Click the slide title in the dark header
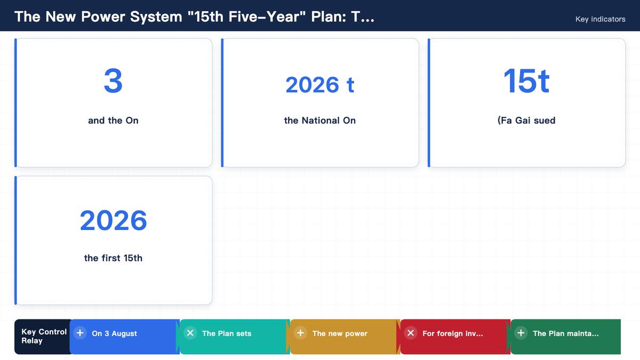(194, 17)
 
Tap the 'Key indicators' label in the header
(601, 19)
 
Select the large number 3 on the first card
(113, 81)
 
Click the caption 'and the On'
(113, 121)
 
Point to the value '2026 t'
(320, 85)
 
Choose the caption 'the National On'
(320, 121)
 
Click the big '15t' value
(526, 81)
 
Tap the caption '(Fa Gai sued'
(526, 121)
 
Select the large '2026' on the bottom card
(113, 220)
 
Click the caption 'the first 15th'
(113, 258)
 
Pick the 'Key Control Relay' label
(44, 337)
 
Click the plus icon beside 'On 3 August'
(80, 333)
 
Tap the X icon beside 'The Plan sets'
(190, 333)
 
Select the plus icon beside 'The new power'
(300, 333)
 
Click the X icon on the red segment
(411, 333)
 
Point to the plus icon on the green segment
(521, 333)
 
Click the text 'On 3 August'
(114, 333)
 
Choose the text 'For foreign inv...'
(453, 333)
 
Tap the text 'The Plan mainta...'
(566, 333)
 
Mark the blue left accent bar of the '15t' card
(429, 103)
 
